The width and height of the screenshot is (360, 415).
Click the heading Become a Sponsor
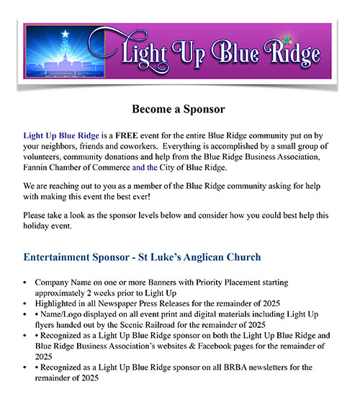[x=179, y=110]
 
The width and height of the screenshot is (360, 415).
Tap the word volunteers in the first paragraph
[x=48, y=157]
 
